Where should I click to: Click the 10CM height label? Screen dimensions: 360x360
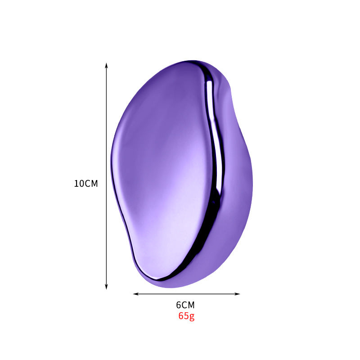point(86,184)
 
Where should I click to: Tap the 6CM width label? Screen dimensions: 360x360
point(185,305)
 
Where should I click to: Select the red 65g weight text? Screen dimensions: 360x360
point(186,316)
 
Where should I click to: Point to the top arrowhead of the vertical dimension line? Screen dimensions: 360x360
point(106,65)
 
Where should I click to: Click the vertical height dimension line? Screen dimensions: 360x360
point(106,135)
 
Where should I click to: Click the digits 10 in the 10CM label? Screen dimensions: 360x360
point(79,184)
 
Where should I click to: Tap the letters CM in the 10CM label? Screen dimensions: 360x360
point(91,184)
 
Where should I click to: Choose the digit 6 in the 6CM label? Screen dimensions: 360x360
point(179,305)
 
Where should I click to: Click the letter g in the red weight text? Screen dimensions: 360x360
point(192,316)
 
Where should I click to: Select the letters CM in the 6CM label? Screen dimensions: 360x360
point(189,305)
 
